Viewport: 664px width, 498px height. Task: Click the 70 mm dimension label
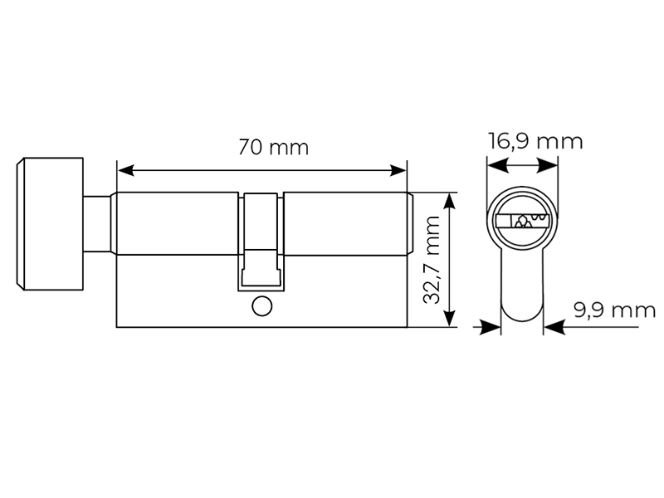point(273,148)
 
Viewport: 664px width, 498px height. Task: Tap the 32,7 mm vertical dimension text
point(432,260)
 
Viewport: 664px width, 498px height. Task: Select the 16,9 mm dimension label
point(535,141)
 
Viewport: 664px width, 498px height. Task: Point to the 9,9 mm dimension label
point(615,310)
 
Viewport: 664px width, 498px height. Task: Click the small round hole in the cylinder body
point(261,306)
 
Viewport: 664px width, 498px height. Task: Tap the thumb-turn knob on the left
point(50,224)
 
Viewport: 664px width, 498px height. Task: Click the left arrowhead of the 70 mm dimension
point(126,171)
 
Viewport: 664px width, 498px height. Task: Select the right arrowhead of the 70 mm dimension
point(398,171)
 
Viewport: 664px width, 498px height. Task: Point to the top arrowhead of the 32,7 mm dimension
point(449,201)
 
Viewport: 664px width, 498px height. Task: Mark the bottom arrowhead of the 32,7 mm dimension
point(449,319)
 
